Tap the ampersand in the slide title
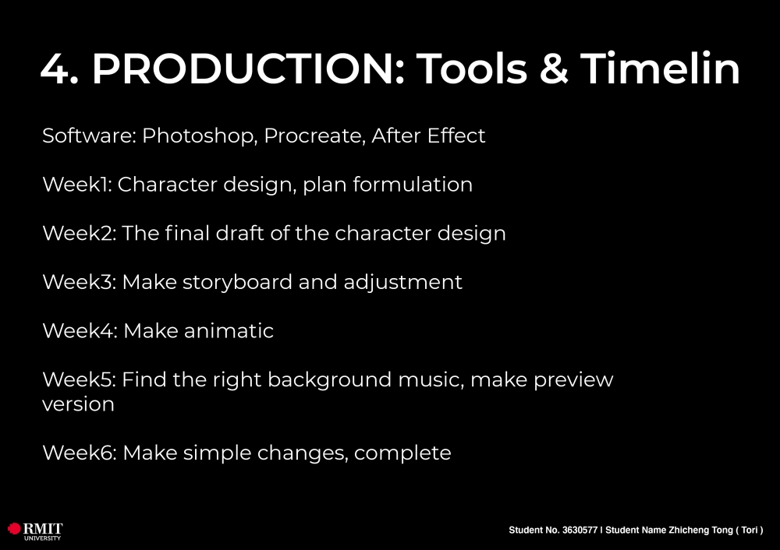553,69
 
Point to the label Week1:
77,185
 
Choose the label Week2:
80,233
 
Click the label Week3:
80,282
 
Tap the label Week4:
80,330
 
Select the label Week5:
80,379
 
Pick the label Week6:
80,453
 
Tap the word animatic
229,330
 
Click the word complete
402,453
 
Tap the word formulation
413,185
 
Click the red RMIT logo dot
14,528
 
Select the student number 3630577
580,530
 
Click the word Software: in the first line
90,136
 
